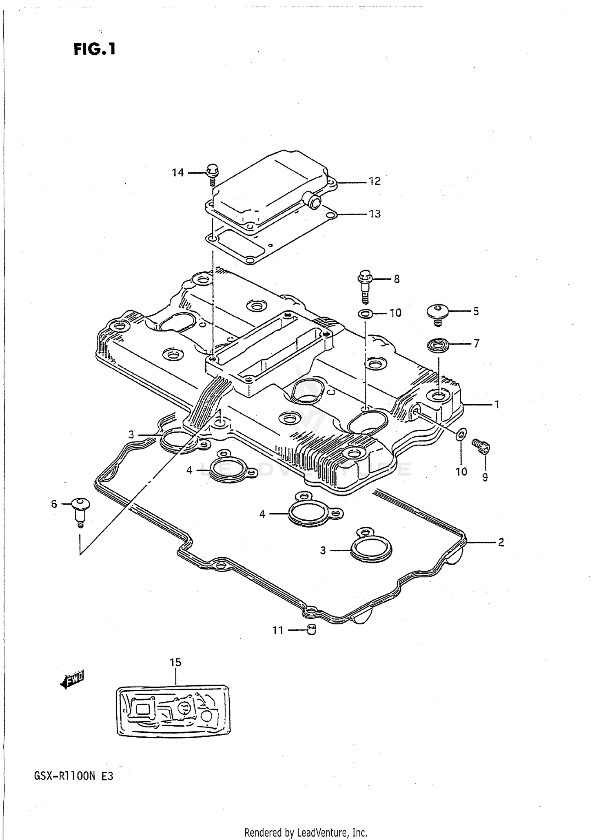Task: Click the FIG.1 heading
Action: (95, 49)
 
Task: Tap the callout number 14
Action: (178, 173)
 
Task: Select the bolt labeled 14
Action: (212, 174)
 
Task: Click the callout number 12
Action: (375, 181)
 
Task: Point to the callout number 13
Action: (375, 214)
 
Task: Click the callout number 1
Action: (497, 404)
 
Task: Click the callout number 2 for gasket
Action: (501, 542)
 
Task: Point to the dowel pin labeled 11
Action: (312, 630)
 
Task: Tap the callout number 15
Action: (175, 663)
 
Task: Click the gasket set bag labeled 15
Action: (173, 711)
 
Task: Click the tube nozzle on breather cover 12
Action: (315, 202)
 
